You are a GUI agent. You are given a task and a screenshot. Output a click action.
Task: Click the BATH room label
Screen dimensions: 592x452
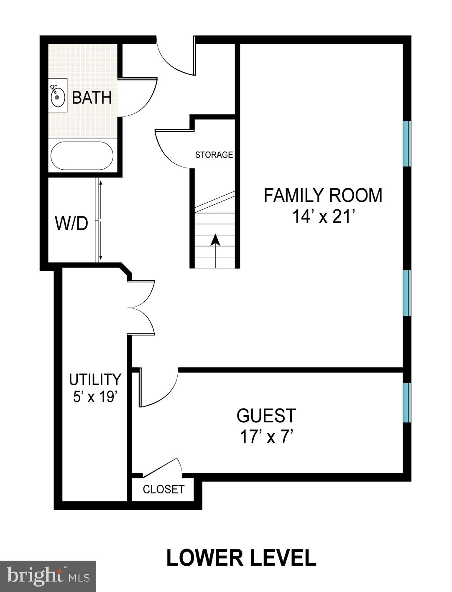coord(92,98)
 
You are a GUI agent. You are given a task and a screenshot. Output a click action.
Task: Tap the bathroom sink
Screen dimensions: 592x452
coord(58,97)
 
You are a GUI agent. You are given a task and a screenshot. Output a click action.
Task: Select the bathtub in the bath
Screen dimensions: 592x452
coord(82,155)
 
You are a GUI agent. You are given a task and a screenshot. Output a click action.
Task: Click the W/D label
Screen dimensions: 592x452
coord(72,224)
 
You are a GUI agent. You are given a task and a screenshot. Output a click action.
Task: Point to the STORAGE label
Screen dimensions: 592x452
coord(214,155)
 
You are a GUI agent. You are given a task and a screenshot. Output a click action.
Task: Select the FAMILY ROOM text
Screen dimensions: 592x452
coord(323,196)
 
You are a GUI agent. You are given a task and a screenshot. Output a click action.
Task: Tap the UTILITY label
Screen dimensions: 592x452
coord(95,380)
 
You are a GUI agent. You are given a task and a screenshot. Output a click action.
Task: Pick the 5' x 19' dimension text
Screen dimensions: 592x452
coord(94,397)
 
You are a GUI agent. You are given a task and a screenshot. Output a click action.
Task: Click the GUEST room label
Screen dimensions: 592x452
coord(266,416)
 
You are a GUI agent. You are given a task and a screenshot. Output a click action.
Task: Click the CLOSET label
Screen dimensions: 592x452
coord(163,489)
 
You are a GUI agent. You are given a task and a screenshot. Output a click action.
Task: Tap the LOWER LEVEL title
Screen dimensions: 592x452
coord(241,558)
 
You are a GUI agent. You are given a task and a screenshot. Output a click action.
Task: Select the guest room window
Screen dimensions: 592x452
coord(406,402)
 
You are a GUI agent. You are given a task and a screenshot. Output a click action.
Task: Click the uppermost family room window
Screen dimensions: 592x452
coord(406,143)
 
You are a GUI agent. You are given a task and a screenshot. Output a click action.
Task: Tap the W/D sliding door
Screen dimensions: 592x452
coord(100,220)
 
